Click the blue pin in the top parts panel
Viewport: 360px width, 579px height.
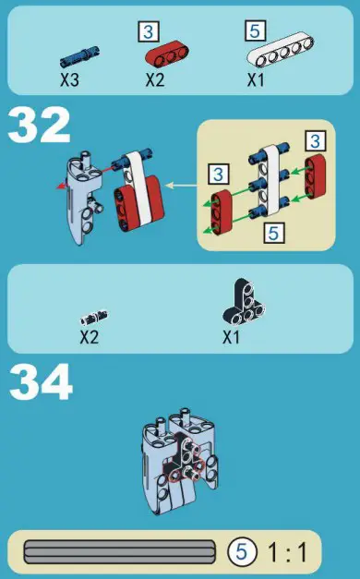pyautogui.click(x=80, y=56)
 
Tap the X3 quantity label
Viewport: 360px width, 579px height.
pyautogui.click(x=69, y=79)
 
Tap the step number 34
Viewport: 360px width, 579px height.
pyautogui.click(x=41, y=382)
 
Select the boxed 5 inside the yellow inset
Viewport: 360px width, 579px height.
pyautogui.click(x=273, y=232)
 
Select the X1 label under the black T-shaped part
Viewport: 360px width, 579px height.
pyautogui.click(x=232, y=337)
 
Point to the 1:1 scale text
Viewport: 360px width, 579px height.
pyautogui.click(x=288, y=553)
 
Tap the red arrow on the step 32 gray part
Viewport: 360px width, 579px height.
pyautogui.click(x=61, y=184)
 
